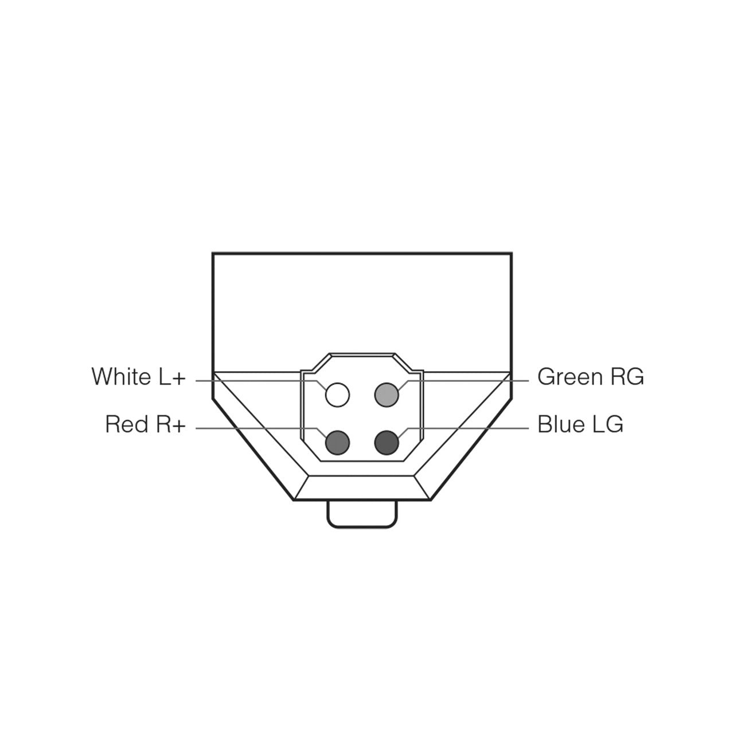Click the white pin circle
point(338,395)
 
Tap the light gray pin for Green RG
point(386,395)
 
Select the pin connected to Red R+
point(338,443)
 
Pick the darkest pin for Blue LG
point(386,443)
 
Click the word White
point(122,376)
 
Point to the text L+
point(173,376)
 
